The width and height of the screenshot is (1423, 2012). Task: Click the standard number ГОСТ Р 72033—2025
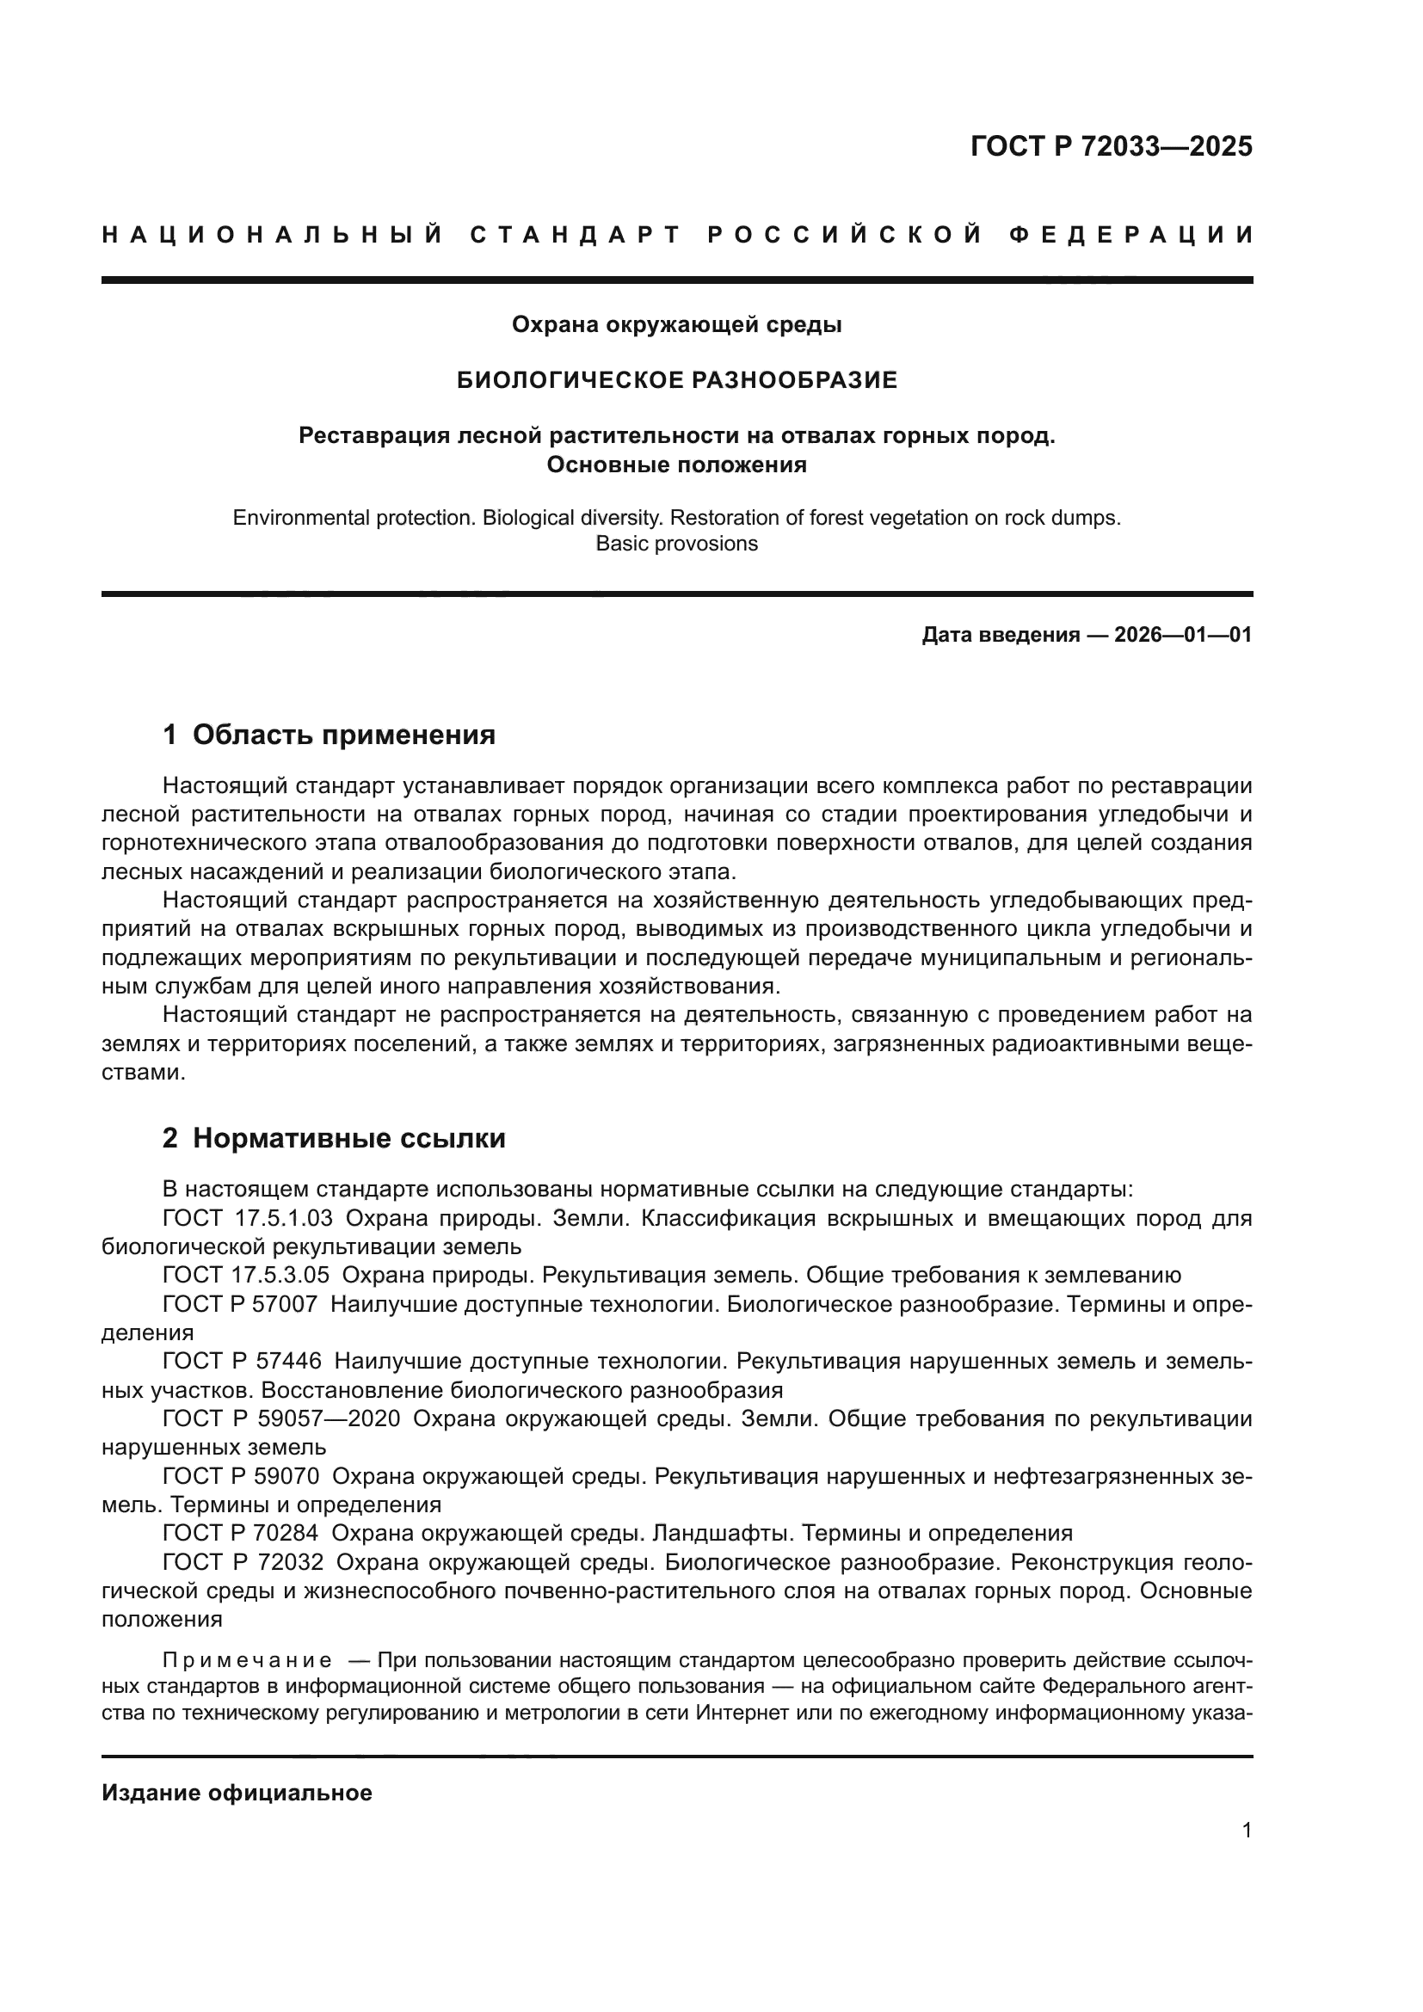(1110, 146)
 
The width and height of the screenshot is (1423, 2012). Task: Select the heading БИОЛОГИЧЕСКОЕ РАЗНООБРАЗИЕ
(677, 380)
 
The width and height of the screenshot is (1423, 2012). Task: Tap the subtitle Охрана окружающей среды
(676, 325)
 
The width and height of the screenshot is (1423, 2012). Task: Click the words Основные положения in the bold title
(676, 465)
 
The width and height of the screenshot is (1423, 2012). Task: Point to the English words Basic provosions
(676, 544)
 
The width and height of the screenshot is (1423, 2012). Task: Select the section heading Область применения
(343, 735)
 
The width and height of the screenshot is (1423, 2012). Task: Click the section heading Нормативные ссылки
(348, 1138)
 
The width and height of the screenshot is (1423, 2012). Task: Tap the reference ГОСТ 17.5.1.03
(247, 1219)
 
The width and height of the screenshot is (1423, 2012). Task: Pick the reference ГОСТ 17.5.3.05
(247, 1275)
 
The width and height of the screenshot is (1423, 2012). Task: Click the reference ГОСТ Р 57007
(240, 1304)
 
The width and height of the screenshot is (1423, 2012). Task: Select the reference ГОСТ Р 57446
(242, 1361)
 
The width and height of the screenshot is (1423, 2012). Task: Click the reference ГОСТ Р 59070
(241, 1476)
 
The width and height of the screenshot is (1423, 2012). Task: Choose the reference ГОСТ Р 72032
(243, 1561)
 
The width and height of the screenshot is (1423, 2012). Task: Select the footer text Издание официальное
(237, 1793)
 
